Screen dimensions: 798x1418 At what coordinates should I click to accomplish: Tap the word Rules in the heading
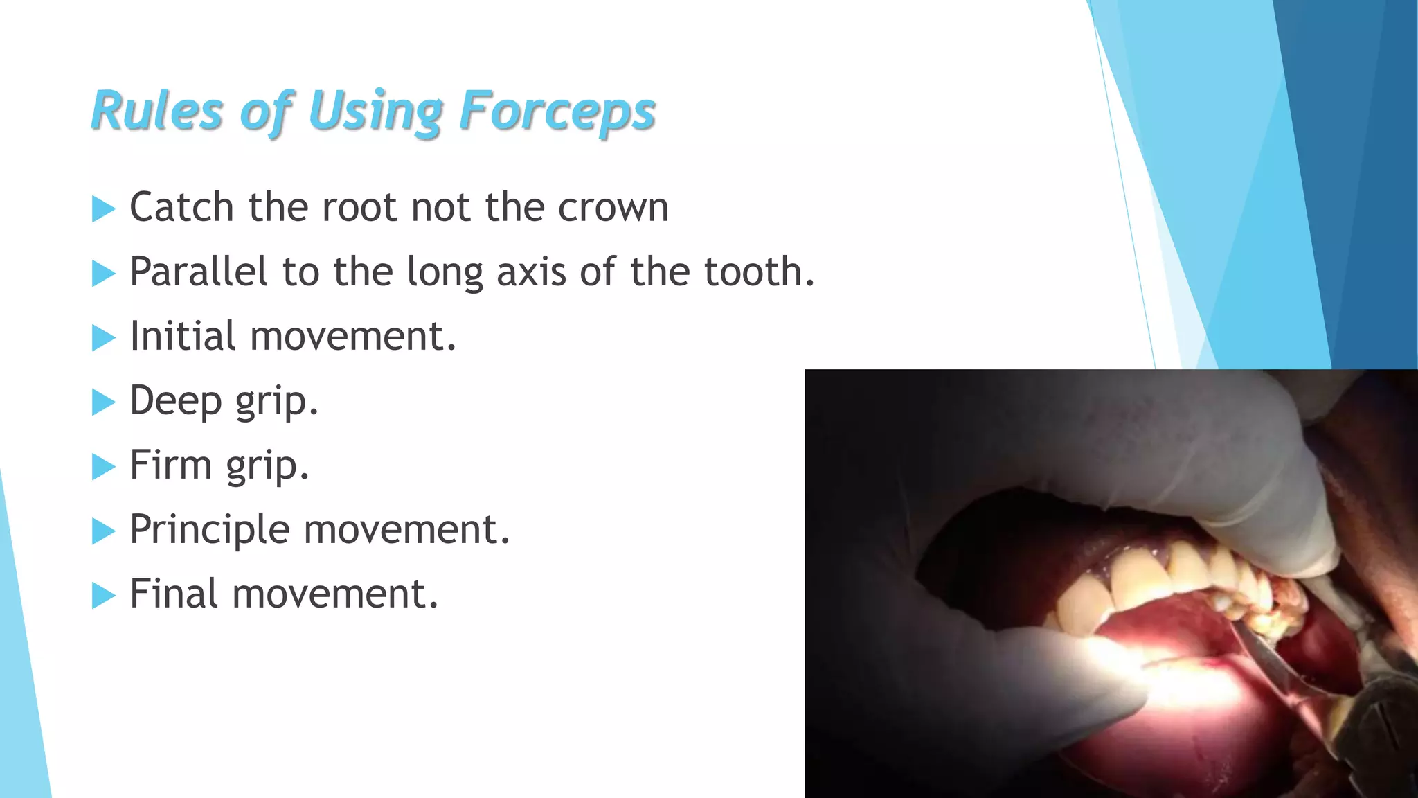point(157,111)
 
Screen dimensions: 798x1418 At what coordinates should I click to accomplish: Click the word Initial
point(183,336)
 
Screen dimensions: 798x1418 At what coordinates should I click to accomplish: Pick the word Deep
point(175,400)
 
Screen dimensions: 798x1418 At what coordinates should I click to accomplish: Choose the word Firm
point(170,465)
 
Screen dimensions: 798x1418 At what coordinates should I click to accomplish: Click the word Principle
point(210,530)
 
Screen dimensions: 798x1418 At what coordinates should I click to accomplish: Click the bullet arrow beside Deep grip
point(103,402)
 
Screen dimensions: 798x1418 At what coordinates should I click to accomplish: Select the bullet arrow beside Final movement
point(103,595)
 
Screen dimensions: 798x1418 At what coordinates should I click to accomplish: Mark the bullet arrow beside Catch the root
point(103,209)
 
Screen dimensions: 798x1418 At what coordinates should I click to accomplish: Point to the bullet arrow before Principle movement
point(103,531)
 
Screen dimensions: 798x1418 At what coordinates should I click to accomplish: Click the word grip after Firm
point(267,466)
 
